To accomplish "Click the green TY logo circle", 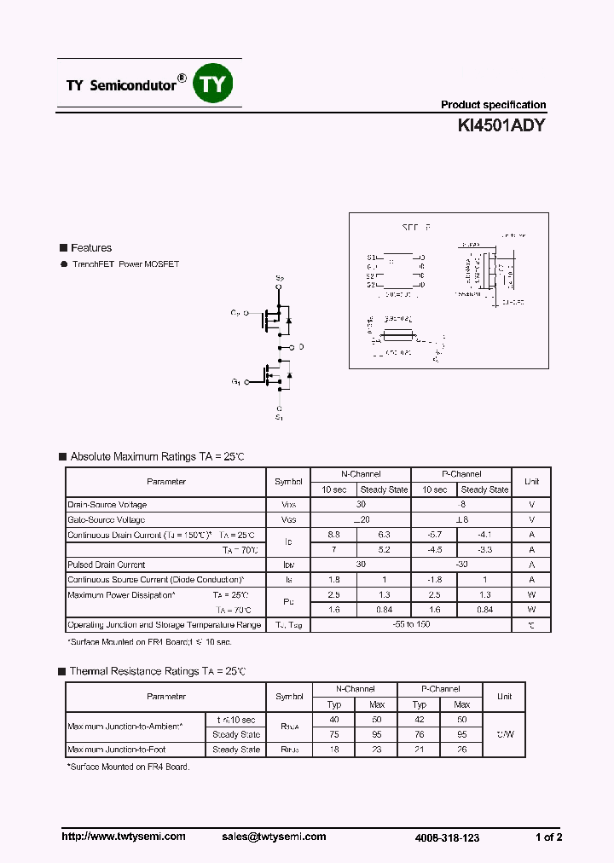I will coord(213,84).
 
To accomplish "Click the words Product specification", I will coord(493,105).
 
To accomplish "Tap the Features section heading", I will coord(90,248).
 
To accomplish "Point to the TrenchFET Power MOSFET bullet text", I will coord(125,264).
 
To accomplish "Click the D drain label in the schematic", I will coord(301,348).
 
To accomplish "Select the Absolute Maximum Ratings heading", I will coord(157,457).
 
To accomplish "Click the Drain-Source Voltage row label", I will coord(107,505).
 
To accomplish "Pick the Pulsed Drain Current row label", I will coord(107,565).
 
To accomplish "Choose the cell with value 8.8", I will coord(333,535).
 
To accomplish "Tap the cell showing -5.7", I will coord(434,535).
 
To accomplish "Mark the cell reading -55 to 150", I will coord(411,625).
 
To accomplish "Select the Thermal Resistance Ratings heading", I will coord(158,672).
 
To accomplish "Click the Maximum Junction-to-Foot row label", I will coord(117,750).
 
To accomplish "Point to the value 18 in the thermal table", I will coord(334,750).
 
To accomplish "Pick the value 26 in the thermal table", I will coord(461,750).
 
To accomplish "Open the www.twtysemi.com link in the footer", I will coord(124,837).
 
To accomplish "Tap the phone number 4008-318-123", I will coord(447,837).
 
